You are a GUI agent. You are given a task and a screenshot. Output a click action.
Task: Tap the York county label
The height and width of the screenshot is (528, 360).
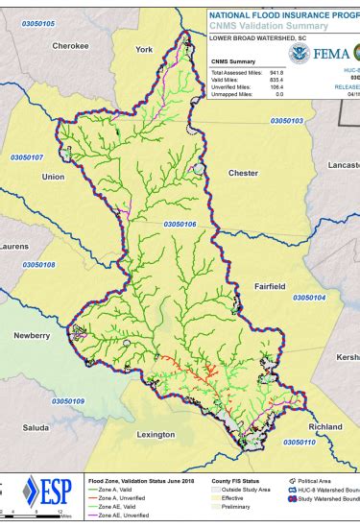click(145, 49)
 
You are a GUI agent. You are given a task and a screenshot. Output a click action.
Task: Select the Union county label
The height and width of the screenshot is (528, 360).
click(53, 177)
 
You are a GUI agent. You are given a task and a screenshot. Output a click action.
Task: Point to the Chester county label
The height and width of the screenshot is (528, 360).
click(244, 173)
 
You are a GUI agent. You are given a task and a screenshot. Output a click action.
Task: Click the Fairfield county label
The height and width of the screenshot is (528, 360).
click(269, 286)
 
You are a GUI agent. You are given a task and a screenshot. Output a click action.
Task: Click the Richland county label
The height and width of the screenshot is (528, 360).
click(324, 425)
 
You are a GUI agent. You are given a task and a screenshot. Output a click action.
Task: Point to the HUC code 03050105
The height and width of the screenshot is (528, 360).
click(35, 23)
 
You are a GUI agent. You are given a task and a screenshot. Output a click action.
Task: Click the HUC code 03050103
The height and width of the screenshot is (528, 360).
click(286, 121)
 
